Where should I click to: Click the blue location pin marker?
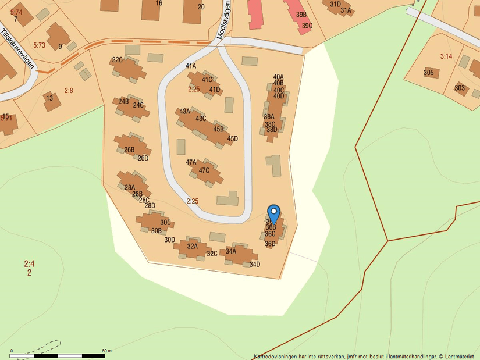click(x=273, y=213)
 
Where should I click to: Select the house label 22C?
click(x=118, y=59)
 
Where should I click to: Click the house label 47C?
click(x=204, y=170)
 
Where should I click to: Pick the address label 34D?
click(x=254, y=264)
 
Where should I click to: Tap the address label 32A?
click(x=193, y=246)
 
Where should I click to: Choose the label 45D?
click(x=233, y=138)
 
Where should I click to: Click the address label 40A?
click(x=278, y=77)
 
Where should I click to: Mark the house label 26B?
click(x=129, y=149)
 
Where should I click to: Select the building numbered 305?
click(x=429, y=73)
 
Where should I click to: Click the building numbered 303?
click(x=460, y=88)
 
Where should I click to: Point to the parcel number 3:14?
click(x=446, y=56)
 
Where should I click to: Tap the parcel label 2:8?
click(x=69, y=90)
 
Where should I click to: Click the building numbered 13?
click(x=49, y=98)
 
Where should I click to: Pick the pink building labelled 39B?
click(x=301, y=15)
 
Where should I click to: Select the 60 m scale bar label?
click(x=106, y=351)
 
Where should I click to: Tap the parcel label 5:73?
click(x=39, y=45)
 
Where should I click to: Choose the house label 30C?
click(x=165, y=222)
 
